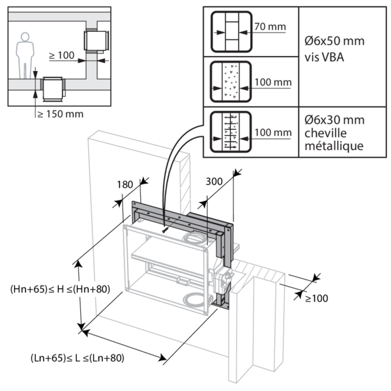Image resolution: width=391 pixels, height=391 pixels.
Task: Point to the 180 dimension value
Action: (126, 185)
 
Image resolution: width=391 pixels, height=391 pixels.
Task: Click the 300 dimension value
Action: (212, 181)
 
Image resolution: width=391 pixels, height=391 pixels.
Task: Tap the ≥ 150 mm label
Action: (60, 114)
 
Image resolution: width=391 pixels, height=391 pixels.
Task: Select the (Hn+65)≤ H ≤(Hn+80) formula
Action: (42, 287)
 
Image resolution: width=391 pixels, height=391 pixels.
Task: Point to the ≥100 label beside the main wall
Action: (317, 298)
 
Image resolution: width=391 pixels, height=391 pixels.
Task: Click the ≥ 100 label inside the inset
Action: (61, 56)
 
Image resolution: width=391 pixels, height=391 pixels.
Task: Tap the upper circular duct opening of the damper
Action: (195, 240)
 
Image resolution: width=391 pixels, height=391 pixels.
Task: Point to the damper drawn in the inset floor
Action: (52, 88)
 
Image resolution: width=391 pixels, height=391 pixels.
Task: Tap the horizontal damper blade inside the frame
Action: (169, 261)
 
